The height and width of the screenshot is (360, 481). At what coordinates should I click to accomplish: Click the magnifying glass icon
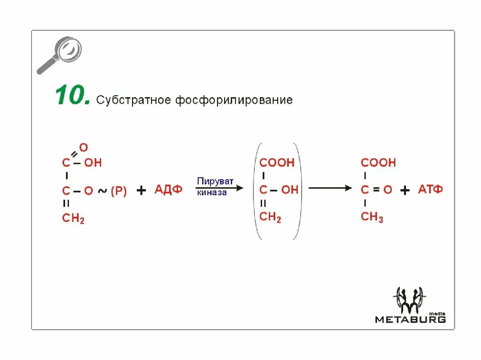click(59, 55)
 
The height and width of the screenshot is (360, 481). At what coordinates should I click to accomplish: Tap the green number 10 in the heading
click(72, 96)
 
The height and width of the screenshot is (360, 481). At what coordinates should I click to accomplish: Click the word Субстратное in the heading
click(133, 100)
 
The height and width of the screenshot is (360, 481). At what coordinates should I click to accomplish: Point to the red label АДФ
click(168, 190)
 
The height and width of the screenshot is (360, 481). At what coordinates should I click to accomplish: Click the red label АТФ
click(430, 190)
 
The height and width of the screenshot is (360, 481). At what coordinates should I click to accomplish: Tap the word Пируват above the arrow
click(215, 181)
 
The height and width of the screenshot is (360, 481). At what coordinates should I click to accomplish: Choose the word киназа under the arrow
click(212, 192)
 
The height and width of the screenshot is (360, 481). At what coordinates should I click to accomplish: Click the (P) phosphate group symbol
click(118, 191)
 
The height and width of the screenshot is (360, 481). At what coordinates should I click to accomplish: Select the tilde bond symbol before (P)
click(102, 191)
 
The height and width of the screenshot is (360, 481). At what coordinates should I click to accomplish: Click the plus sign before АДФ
click(141, 190)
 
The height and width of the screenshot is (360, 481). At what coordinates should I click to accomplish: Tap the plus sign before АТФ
click(405, 190)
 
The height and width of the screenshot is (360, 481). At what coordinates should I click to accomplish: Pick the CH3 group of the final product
click(372, 217)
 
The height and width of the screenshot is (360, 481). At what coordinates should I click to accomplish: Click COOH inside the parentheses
click(277, 163)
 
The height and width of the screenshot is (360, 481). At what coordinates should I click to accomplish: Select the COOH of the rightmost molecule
click(378, 163)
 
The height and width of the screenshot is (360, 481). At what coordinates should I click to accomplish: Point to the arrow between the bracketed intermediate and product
click(330, 188)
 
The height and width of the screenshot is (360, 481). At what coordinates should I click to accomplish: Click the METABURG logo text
click(410, 320)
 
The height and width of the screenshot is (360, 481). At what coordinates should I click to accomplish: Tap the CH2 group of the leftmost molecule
click(73, 218)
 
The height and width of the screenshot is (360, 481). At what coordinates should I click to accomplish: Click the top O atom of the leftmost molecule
click(84, 147)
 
